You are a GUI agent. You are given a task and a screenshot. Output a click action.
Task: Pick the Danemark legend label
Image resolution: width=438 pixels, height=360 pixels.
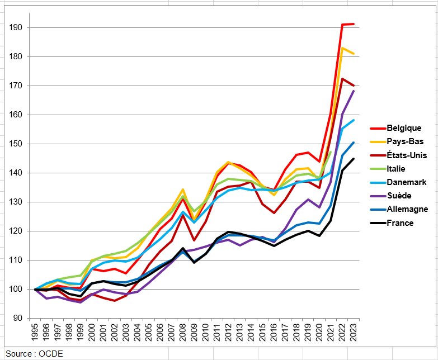pyautogui.click(x=407, y=182)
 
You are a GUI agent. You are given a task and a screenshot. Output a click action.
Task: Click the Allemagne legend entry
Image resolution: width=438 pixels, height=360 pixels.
pyautogui.click(x=407, y=209)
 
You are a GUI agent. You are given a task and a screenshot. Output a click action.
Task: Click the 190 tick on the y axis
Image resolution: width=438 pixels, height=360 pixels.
pyautogui.click(x=16, y=27)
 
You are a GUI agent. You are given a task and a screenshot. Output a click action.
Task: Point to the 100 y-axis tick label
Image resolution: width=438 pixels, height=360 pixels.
pyautogui.click(x=16, y=289)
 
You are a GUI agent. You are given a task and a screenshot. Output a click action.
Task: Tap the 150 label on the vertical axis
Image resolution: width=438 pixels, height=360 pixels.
pyautogui.click(x=16, y=144)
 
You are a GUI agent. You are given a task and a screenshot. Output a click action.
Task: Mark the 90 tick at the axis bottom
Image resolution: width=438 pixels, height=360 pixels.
pyautogui.click(x=18, y=318)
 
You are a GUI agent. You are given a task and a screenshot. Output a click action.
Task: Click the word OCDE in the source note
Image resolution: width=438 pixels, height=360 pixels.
pyautogui.click(x=53, y=353)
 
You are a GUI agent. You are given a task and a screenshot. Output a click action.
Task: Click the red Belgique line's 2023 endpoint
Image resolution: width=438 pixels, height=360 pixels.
pyautogui.click(x=353, y=24)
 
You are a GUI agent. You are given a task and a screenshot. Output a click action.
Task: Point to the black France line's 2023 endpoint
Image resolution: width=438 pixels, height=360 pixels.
pyautogui.click(x=353, y=159)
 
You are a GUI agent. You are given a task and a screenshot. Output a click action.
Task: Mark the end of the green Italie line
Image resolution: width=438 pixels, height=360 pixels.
pyautogui.click(x=331, y=152)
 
